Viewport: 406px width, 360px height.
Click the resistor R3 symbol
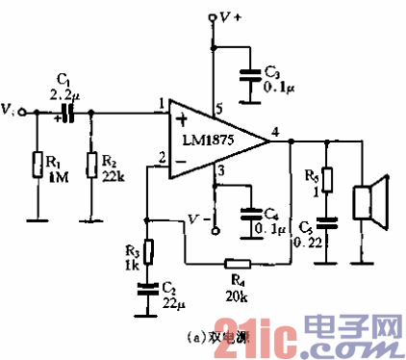point(147,247)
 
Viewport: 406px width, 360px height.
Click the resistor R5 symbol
point(327,180)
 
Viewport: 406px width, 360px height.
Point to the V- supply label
point(196,219)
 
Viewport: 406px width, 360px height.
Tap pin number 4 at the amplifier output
point(276,131)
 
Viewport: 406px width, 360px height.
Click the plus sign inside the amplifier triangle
point(180,120)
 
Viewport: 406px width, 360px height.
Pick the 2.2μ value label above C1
point(64,92)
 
